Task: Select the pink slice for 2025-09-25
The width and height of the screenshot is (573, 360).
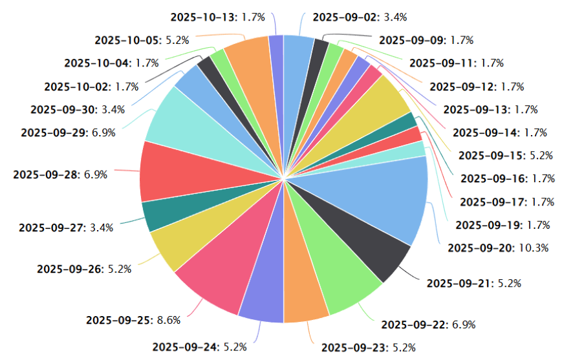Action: [x=217, y=271]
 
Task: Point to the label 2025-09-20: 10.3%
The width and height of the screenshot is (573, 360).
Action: [x=498, y=248]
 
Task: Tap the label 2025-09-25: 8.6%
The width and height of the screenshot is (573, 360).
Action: [x=133, y=320]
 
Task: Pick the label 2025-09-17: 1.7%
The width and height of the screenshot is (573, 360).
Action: [x=507, y=202]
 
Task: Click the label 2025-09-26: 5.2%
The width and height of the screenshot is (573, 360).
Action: [x=85, y=269]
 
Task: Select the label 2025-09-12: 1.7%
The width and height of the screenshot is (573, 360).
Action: [x=477, y=86]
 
